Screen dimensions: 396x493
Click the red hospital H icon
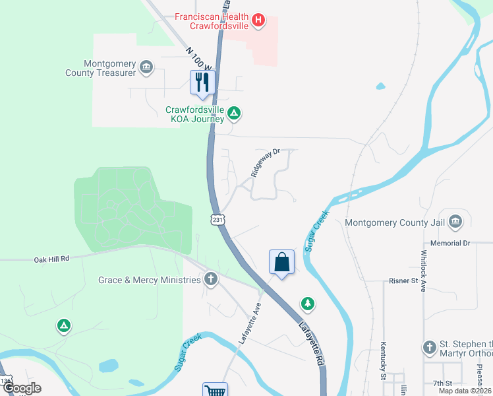(259, 20)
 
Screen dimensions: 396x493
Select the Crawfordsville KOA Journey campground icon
(233, 114)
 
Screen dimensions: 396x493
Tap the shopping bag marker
(281, 262)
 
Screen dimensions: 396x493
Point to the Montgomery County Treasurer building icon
(146, 65)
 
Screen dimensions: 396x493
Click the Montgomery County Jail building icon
(455, 221)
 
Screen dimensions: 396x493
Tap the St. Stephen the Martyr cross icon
(429, 346)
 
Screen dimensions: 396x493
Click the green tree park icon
(307, 304)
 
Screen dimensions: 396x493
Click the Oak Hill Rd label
(51, 259)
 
